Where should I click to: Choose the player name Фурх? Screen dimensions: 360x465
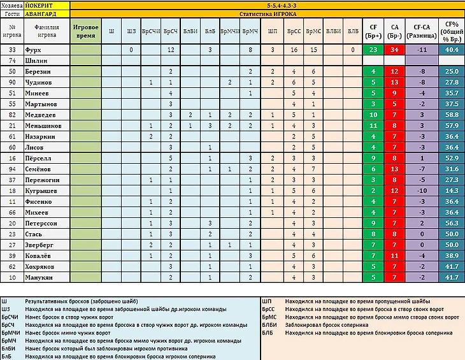(x=33, y=49)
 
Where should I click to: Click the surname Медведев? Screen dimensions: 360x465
(x=39, y=115)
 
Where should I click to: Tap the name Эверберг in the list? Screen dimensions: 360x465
(x=39, y=245)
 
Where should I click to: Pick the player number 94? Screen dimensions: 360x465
(x=12, y=169)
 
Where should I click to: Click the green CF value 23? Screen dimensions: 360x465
(x=374, y=49)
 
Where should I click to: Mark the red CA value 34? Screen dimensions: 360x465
(x=395, y=49)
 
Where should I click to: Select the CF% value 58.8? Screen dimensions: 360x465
(x=452, y=115)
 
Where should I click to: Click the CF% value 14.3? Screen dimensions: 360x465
(x=452, y=191)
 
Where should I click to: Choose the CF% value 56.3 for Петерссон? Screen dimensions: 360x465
(x=452, y=224)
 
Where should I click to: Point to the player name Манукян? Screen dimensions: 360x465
(x=38, y=278)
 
